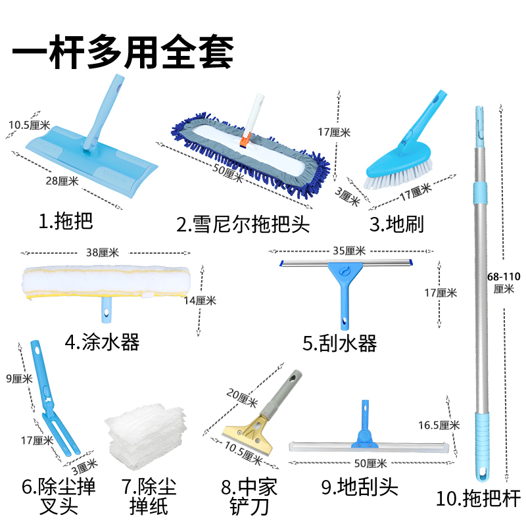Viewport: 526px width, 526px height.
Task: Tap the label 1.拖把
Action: [66, 221]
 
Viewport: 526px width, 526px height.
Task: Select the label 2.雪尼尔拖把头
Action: [243, 224]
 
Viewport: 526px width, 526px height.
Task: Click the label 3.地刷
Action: [396, 224]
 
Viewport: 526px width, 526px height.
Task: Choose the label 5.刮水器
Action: [339, 343]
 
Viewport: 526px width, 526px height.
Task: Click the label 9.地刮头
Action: [360, 487]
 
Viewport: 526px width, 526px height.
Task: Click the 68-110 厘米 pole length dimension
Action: [504, 282]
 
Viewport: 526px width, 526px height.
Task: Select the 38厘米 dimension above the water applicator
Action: [102, 252]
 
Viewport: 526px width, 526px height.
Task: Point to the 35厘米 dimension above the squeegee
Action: [348, 251]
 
